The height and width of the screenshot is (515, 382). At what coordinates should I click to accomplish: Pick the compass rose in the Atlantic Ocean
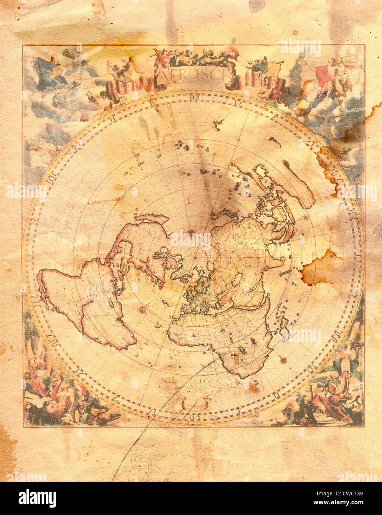click(x=142, y=309)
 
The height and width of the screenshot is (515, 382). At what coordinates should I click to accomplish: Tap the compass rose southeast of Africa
click(x=284, y=359)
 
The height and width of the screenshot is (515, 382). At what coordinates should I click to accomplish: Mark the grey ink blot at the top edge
click(x=256, y=5)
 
